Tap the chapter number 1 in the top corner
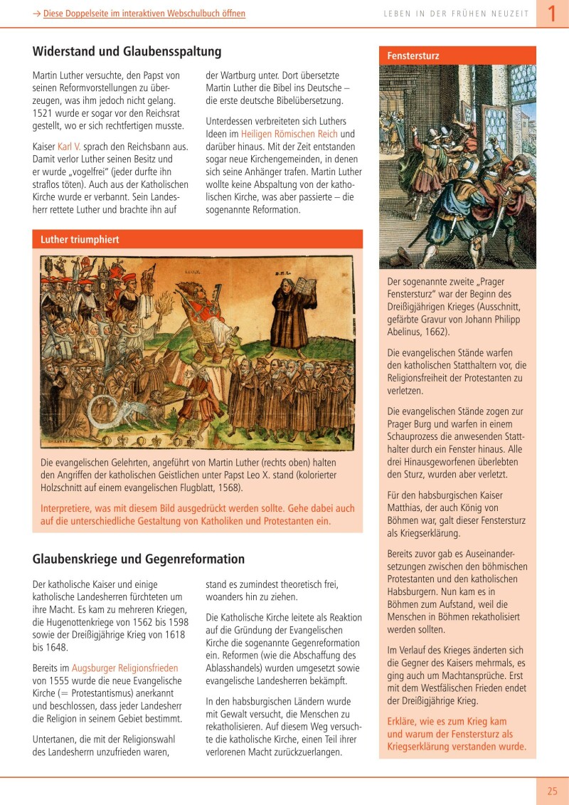(x=551, y=14)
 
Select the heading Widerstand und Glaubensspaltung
(x=127, y=51)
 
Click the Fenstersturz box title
(x=413, y=56)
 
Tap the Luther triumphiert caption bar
(x=80, y=240)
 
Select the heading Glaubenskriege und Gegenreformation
(x=139, y=559)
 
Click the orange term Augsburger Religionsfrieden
(x=124, y=668)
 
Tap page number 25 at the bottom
(x=553, y=791)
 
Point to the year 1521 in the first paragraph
(x=44, y=113)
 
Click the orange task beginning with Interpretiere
(x=193, y=515)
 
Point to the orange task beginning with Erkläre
(x=457, y=734)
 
